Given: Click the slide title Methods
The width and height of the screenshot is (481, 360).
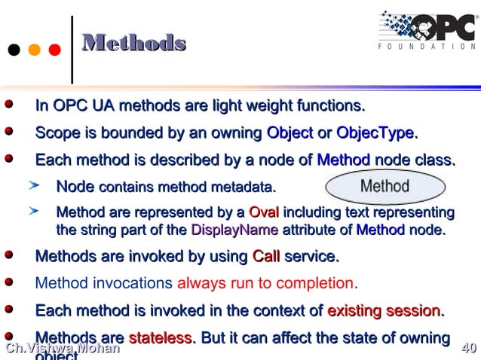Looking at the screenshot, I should (133, 43).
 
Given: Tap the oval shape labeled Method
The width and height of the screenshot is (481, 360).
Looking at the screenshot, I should (384, 186).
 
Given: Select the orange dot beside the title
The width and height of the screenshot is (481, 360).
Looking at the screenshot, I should (34, 50).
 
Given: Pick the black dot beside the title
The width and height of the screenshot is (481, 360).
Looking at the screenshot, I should (14, 50).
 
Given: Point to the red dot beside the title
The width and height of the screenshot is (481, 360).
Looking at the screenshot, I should (54, 50).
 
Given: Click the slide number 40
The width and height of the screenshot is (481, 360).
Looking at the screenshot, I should (468, 348).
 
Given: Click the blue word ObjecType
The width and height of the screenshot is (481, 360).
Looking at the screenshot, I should (375, 133).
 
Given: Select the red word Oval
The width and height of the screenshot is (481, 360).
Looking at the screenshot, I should (263, 212).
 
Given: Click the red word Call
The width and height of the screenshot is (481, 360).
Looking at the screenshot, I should (265, 257).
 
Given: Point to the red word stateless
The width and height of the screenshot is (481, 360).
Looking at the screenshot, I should (160, 338).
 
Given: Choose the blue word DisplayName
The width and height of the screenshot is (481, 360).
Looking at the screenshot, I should (234, 230).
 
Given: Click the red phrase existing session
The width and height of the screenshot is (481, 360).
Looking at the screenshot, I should (384, 310).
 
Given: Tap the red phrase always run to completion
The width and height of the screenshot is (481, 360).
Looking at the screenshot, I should (265, 284).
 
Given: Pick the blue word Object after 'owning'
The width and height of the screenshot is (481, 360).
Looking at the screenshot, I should (290, 133).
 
